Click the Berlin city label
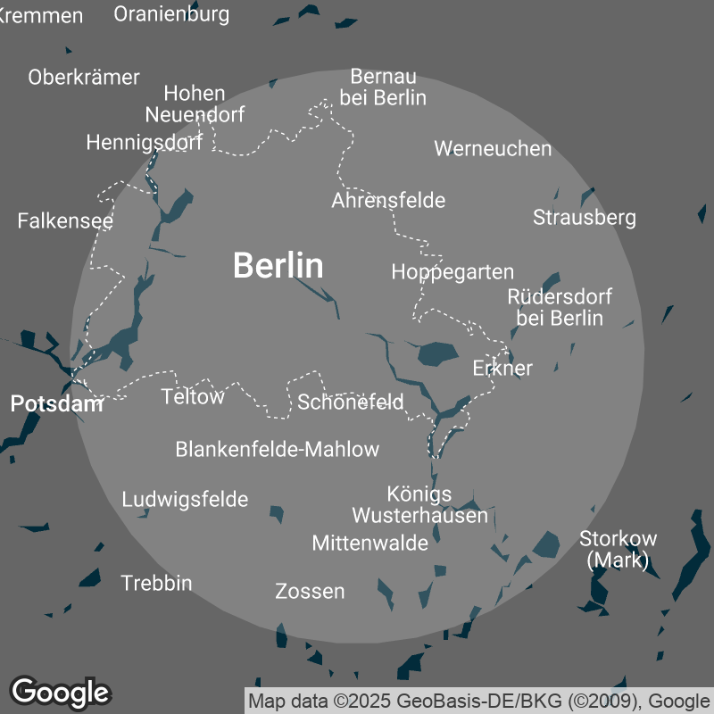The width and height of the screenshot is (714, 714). [x=278, y=265]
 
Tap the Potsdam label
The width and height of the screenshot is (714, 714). [x=57, y=403]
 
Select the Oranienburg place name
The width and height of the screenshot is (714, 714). [x=172, y=13]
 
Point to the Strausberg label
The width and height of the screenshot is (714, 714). [x=584, y=217]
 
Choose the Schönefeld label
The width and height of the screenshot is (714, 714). [x=351, y=402]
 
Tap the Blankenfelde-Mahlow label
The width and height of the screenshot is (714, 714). [x=278, y=449]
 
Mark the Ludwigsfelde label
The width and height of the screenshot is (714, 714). [x=185, y=499]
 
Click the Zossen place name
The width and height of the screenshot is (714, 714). [x=310, y=591]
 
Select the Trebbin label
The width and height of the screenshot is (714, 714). [x=156, y=583]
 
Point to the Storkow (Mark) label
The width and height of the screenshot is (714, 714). [x=618, y=549]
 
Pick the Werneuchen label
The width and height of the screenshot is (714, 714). [x=493, y=148]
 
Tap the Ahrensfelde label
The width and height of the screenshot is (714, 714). [x=388, y=200]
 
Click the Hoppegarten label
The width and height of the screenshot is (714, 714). [x=452, y=271]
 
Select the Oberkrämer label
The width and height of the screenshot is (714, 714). [x=84, y=77]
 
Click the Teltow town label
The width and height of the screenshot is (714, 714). [x=193, y=396]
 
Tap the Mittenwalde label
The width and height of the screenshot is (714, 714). [x=369, y=542]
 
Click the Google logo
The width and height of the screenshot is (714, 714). [x=60, y=692]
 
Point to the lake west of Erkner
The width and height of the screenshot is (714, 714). [x=437, y=353]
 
